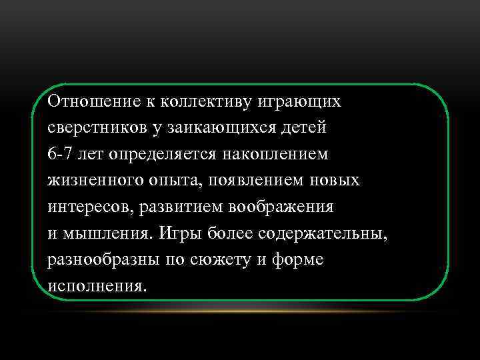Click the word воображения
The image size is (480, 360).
tap(281, 207)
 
